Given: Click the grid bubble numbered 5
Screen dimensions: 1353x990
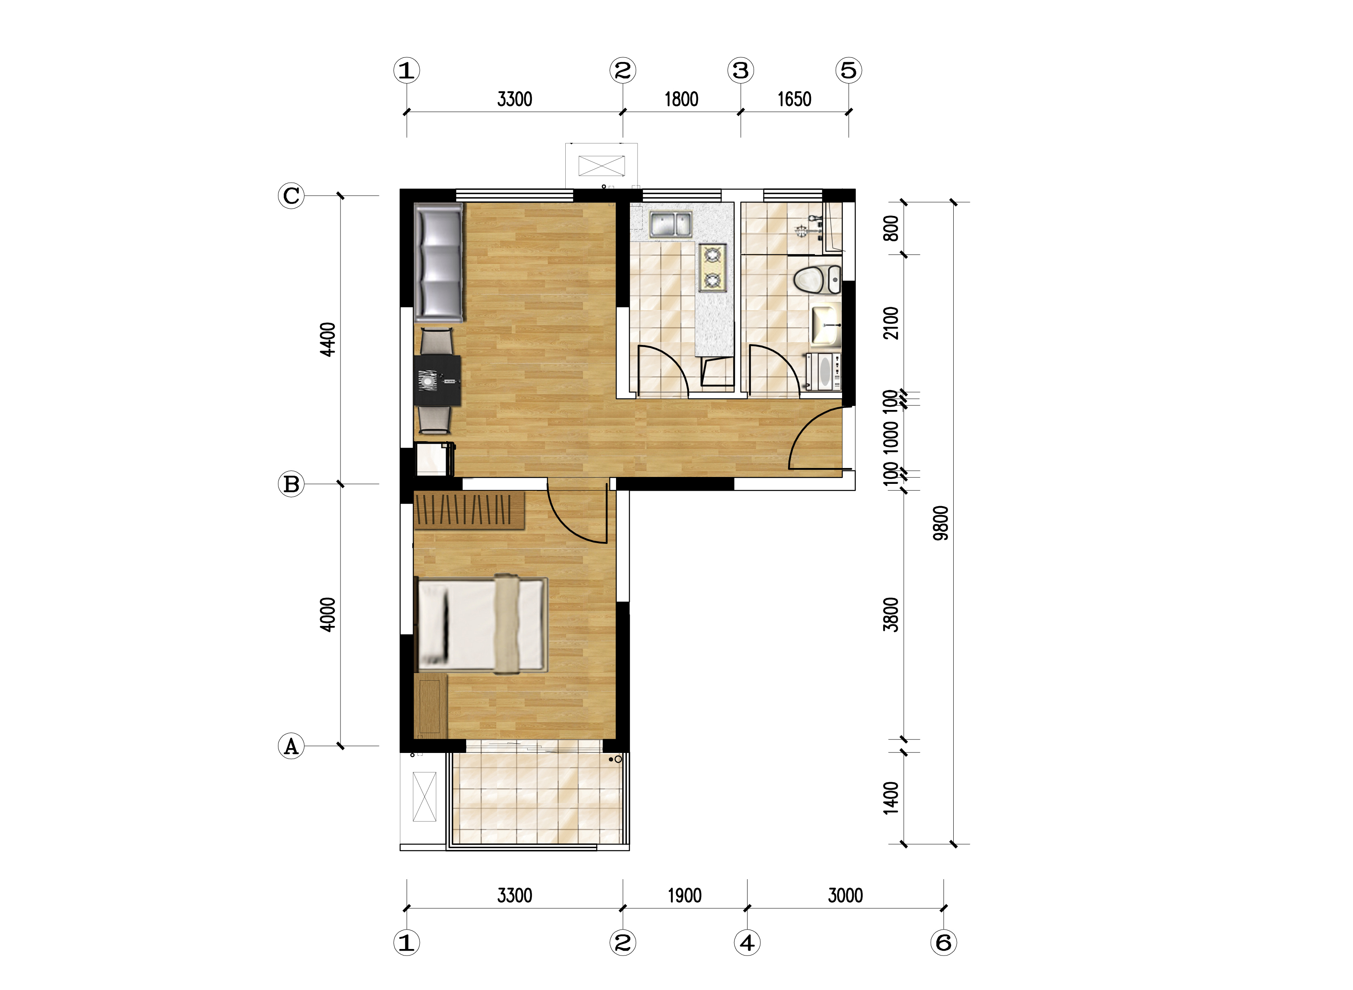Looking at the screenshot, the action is point(849,70).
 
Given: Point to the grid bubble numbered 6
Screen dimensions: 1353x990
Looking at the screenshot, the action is point(944,943).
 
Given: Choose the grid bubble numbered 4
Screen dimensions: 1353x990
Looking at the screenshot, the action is point(747,943).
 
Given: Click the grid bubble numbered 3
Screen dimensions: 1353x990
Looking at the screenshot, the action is point(741,70).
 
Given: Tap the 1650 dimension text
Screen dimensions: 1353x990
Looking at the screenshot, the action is point(795,99).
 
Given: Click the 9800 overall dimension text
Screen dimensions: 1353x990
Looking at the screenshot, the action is point(941,523).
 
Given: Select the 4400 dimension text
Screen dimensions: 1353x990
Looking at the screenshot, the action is point(327,339).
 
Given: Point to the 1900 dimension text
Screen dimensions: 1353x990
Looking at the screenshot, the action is point(684,895).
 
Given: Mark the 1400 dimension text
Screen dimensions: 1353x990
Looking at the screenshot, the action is point(891,798).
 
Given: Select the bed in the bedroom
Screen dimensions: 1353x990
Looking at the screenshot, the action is point(481,624).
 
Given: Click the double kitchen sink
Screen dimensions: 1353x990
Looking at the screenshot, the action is point(670,224).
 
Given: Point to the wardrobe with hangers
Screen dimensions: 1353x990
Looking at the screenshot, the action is point(469,510).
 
